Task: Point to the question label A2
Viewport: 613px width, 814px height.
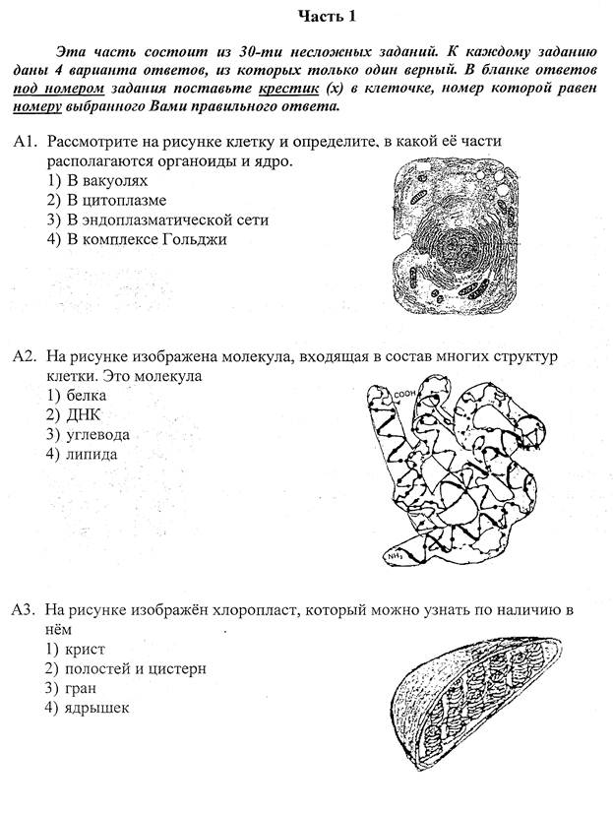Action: [25, 355]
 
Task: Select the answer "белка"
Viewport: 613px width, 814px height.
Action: [79, 395]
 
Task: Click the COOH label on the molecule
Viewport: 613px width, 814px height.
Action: [406, 396]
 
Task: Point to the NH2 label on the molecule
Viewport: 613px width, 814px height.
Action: [397, 557]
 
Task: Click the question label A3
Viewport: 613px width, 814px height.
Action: [25, 610]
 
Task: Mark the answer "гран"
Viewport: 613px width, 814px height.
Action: [73, 688]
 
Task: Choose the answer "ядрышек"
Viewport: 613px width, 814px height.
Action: [86, 708]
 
